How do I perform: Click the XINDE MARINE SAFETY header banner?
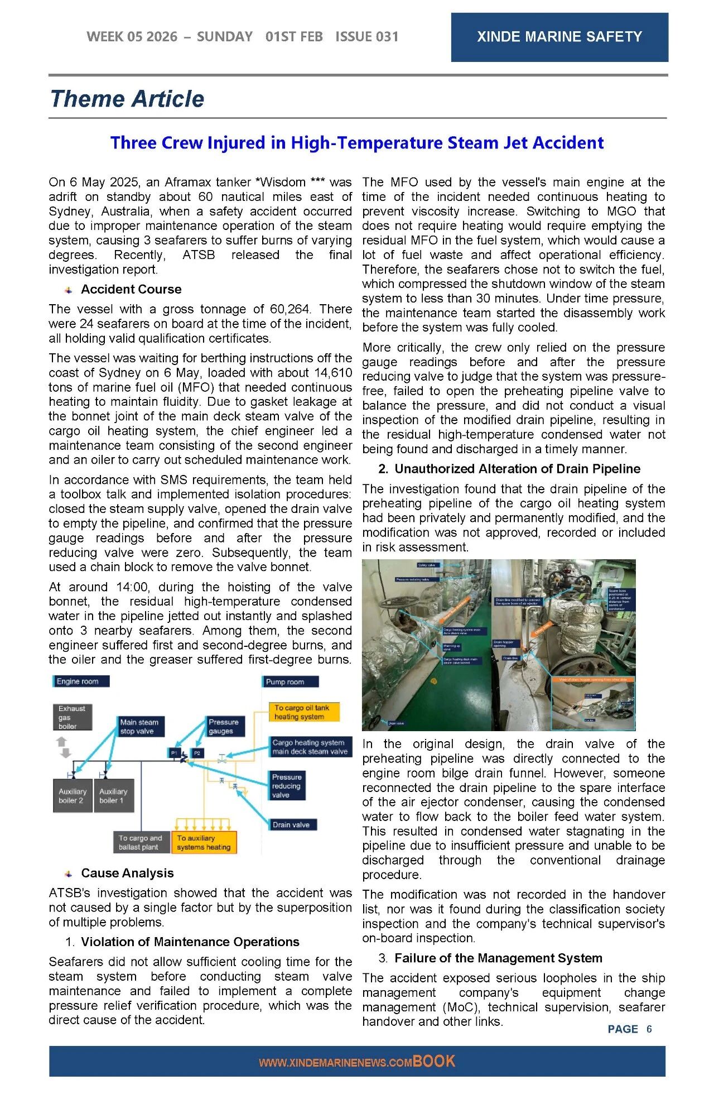[x=559, y=37]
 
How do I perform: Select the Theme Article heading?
[x=127, y=99]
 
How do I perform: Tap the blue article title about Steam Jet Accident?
[x=357, y=143]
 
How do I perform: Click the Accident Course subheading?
[x=131, y=289]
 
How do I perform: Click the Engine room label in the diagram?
[x=80, y=681]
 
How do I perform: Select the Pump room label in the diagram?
[x=290, y=681]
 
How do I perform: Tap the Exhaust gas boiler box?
[x=72, y=717]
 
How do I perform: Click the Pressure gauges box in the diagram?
[x=225, y=726]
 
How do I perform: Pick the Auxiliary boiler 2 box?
[x=73, y=796]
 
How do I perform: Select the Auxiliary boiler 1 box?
[x=113, y=796]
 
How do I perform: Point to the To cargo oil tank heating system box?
[x=303, y=712]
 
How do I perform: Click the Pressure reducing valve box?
[x=287, y=785]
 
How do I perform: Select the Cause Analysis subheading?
[x=127, y=873]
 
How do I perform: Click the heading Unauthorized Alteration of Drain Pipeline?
[x=517, y=469]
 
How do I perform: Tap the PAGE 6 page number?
[x=630, y=1029]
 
